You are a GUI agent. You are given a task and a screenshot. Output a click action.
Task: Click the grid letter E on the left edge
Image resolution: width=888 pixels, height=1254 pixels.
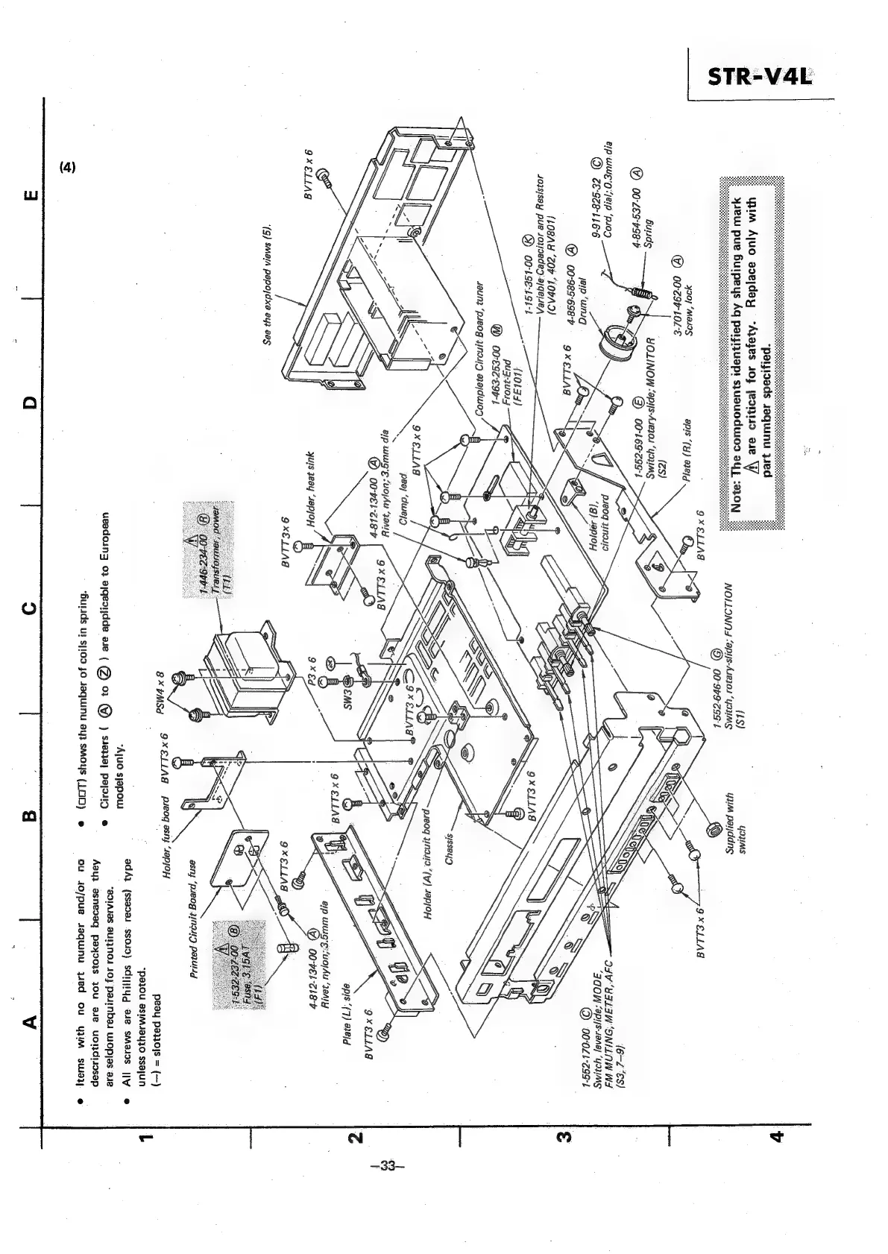coord(30,195)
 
